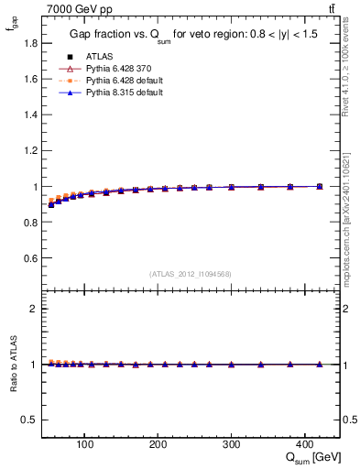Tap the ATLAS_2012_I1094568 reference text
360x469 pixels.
point(191,274)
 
